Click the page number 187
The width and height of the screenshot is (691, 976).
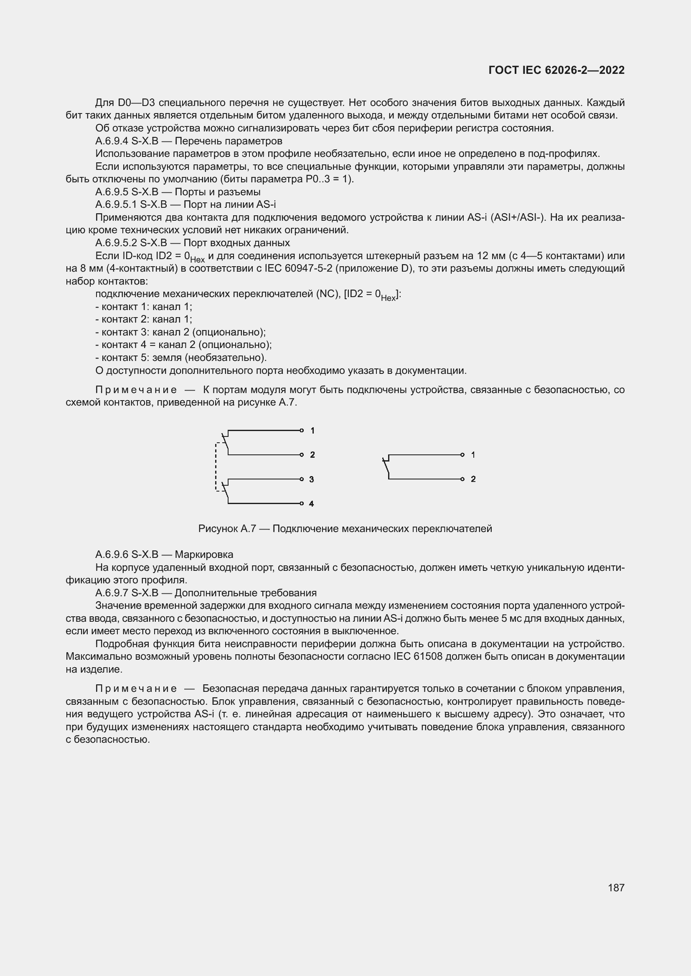[616, 888]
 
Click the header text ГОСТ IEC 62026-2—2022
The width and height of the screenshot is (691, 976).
[556, 71]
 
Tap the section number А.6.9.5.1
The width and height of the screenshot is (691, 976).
[116, 205]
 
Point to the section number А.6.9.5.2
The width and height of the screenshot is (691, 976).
[116, 243]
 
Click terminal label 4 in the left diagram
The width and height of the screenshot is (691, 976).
[312, 504]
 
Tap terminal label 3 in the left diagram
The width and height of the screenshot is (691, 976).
[312, 479]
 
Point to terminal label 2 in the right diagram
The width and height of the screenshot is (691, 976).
[473, 479]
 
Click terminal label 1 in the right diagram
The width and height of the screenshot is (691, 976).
[473, 455]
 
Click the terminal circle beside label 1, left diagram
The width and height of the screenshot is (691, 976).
[302, 431]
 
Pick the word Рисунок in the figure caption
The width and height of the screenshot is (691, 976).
[218, 529]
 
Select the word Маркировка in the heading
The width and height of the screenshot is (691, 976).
[204, 555]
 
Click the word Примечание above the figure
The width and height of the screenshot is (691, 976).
[136, 390]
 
